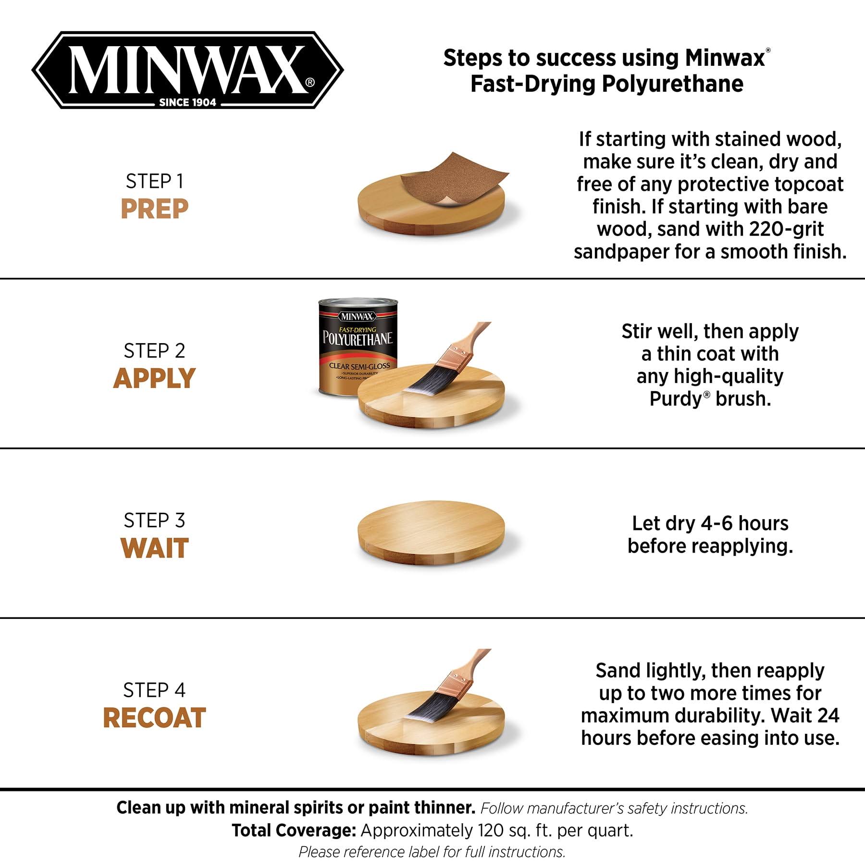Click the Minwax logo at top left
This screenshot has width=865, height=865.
point(187,70)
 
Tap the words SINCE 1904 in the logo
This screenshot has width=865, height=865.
point(187,102)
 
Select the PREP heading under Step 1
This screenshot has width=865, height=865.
point(154,209)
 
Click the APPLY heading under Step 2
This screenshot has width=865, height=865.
point(154,378)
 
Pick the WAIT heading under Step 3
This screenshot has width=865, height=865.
point(154,548)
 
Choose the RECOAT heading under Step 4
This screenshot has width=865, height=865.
point(154,717)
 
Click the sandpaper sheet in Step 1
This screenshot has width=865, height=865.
point(452,178)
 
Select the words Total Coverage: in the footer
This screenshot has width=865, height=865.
point(294,830)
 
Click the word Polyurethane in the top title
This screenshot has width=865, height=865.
point(672,84)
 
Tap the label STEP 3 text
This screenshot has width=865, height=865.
point(154,520)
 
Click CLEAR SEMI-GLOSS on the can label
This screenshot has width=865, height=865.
point(359,366)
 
